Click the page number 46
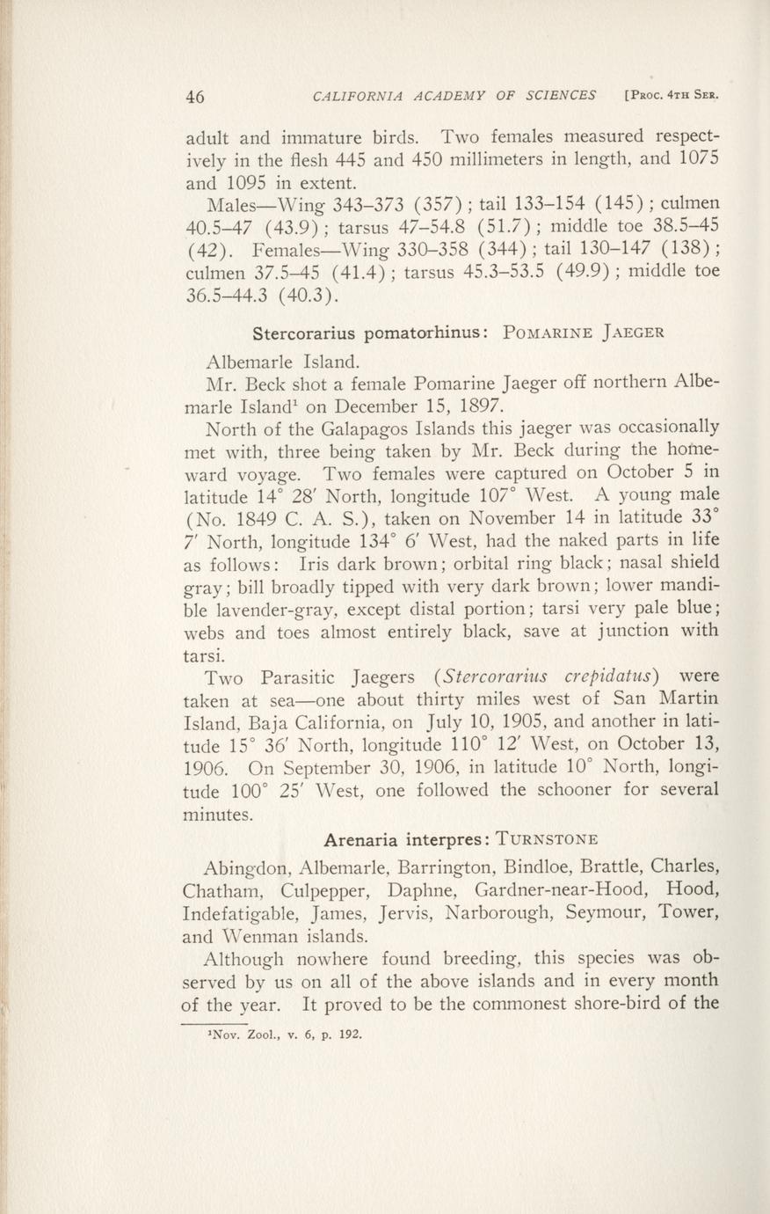(x=195, y=96)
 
